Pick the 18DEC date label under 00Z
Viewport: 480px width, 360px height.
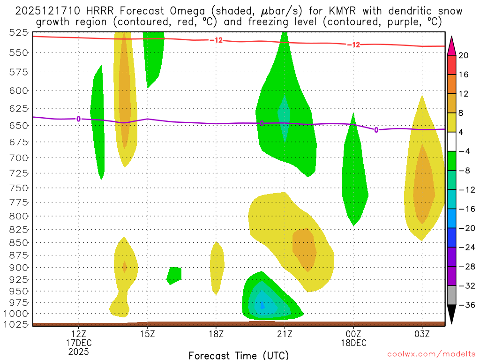353,343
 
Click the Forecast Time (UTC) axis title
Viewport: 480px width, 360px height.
239,355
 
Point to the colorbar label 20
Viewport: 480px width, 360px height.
464,55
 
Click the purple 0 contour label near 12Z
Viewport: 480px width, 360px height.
78,119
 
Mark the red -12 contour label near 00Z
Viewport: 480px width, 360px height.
353,45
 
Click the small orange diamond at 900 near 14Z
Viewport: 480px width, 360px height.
124,267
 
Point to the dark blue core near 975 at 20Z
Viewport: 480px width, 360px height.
262,306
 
